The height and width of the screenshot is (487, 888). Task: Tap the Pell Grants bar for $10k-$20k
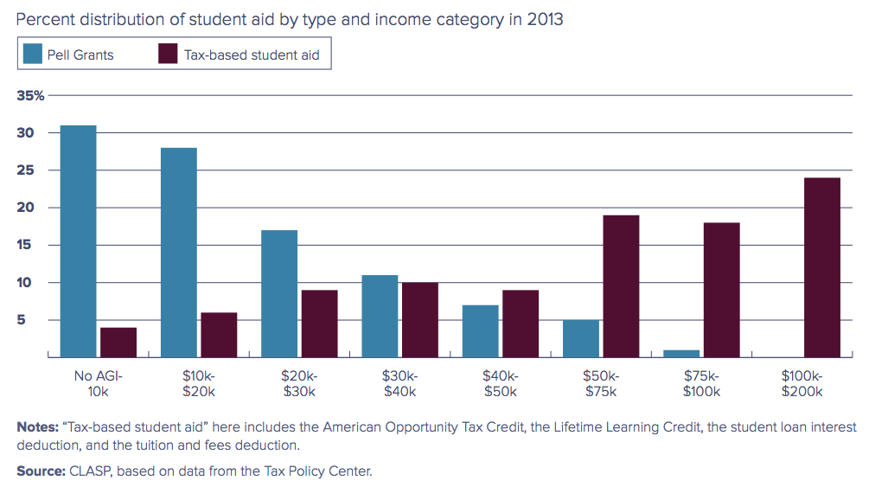tap(178, 252)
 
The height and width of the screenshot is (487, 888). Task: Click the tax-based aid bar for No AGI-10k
tap(118, 342)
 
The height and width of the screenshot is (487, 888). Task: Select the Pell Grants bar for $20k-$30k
tap(279, 293)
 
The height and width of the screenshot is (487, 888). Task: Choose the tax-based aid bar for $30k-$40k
tap(419, 319)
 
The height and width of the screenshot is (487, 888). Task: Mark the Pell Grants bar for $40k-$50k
tap(480, 330)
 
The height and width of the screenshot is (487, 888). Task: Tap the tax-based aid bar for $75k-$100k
tap(721, 289)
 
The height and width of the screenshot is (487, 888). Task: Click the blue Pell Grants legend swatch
tap(32, 54)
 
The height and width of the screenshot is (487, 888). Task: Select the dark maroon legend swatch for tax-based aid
tap(169, 54)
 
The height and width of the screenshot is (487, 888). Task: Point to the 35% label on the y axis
tap(31, 95)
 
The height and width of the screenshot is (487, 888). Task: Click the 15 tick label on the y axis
tap(25, 245)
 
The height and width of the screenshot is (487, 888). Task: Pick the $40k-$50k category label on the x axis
tap(501, 384)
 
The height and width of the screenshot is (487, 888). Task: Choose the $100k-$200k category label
tap(802, 384)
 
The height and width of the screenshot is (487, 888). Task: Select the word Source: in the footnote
tap(40, 471)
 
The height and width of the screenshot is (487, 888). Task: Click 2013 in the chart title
tap(545, 18)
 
